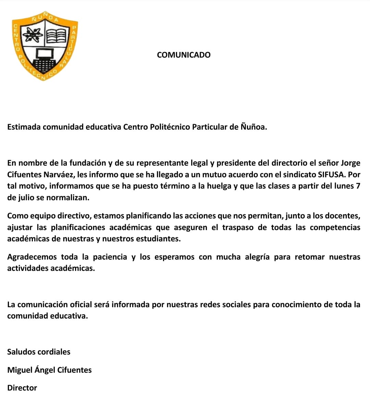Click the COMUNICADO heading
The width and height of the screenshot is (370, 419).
pyautogui.click(x=184, y=55)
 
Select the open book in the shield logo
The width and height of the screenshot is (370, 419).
pyautogui.click(x=57, y=35)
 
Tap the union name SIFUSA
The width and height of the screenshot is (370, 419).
pyautogui.click(x=331, y=175)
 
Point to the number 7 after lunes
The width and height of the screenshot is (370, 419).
pyautogui.click(x=358, y=186)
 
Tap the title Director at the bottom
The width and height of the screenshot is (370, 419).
pyautogui.click(x=22, y=388)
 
